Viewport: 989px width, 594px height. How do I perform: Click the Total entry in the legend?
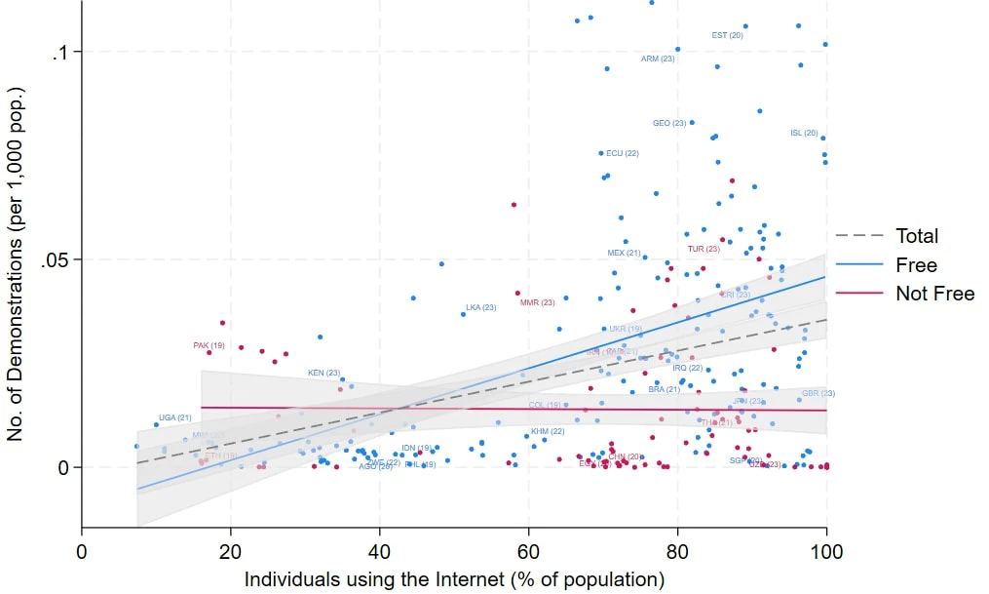[x=917, y=235]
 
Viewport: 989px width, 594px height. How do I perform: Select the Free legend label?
[x=915, y=264]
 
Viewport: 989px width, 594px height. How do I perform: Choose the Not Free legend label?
[x=934, y=294]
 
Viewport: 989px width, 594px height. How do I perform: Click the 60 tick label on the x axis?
[x=528, y=548]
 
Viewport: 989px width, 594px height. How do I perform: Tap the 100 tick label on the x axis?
[x=826, y=548]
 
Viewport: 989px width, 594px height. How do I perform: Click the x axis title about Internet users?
[x=454, y=578]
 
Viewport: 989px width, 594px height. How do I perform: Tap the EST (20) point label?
[x=727, y=35]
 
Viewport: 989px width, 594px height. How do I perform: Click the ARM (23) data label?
[x=658, y=59]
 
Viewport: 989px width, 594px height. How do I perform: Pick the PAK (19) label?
[x=209, y=345]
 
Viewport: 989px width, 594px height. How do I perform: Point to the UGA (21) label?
[x=175, y=417]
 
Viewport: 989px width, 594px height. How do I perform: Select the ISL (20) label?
[x=804, y=133]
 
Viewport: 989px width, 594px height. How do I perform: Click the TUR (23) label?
[x=704, y=249]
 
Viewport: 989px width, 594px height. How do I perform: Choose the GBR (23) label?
[x=818, y=393]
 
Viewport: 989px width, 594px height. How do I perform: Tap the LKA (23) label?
[x=480, y=307]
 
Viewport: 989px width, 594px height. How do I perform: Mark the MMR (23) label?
[x=537, y=302]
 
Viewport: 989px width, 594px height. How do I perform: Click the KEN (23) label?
[x=323, y=373]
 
